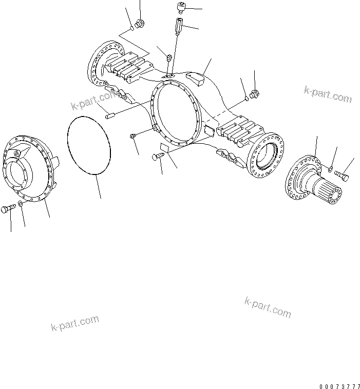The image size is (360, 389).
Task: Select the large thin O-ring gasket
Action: tap(89, 146)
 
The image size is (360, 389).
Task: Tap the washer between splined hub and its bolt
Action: tap(330, 168)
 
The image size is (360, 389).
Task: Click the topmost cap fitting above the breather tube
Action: tap(181, 7)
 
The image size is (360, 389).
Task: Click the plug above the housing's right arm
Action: tap(256, 93)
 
